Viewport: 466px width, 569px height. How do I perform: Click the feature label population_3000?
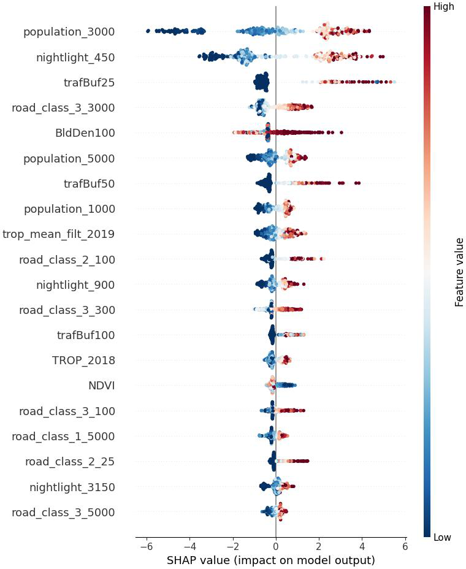click(x=69, y=32)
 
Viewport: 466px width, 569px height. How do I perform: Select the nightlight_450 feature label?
click(x=75, y=58)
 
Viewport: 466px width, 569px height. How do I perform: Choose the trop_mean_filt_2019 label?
click(x=58, y=234)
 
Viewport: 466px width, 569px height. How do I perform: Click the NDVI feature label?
click(x=101, y=386)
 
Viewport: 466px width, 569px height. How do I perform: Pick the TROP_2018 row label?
click(x=83, y=361)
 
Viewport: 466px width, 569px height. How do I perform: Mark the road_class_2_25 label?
click(x=69, y=461)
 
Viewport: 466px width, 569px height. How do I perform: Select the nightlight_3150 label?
click(x=72, y=487)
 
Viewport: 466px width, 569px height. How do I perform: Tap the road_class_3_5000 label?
click(x=63, y=512)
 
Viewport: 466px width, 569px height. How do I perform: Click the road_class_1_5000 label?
click(x=63, y=436)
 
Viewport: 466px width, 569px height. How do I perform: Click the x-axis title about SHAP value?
click(x=270, y=560)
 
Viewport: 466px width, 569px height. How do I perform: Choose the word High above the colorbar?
click(x=443, y=7)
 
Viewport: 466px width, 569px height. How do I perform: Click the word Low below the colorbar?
click(x=442, y=538)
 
